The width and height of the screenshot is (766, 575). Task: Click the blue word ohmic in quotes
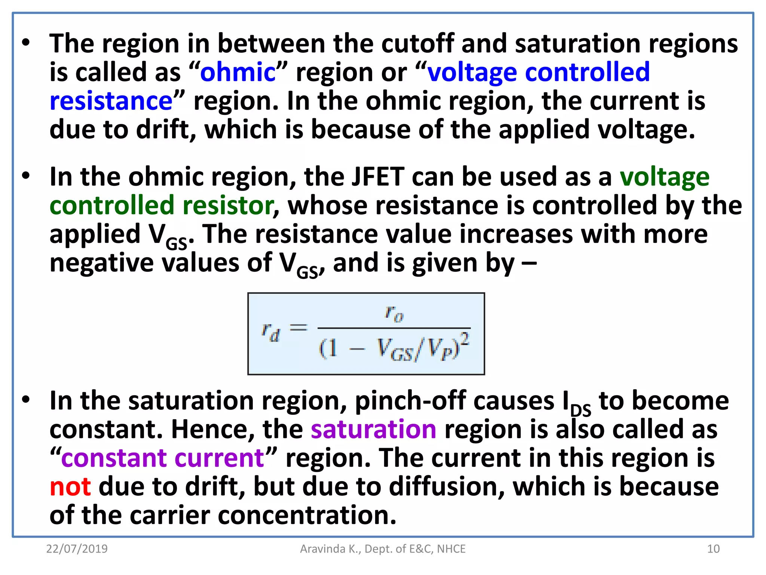click(238, 72)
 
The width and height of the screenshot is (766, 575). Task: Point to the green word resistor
click(229, 206)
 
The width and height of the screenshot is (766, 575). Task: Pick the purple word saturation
click(374, 429)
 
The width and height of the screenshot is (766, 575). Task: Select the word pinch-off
click(410, 401)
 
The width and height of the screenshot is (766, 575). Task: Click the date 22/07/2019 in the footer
click(77, 549)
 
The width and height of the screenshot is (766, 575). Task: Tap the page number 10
click(713, 549)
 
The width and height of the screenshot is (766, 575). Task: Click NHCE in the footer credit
click(451, 549)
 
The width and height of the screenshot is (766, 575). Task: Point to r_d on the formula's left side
click(270, 332)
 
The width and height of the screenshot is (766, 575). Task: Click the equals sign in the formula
click(298, 328)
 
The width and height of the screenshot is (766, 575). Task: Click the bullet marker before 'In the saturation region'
click(25, 400)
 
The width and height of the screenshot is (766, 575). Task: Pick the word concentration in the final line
click(307, 515)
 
